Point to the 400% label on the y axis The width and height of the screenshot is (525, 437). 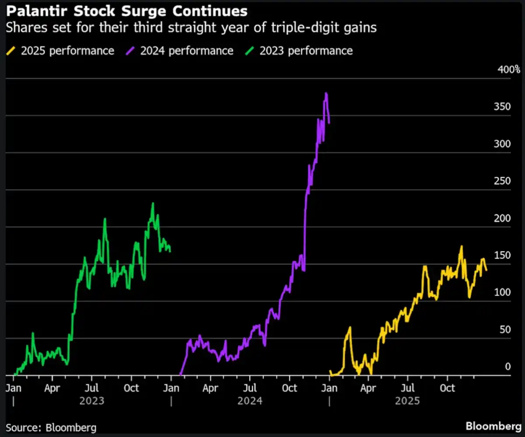[x=509, y=70]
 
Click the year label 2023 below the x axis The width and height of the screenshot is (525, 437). [x=92, y=401]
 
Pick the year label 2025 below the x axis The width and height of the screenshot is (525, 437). [x=407, y=401]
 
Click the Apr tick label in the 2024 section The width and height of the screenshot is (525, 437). [x=210, y=388]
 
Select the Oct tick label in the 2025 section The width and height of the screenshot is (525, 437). [x=447, y=388]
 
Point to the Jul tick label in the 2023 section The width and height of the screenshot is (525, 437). [x=91, y=388]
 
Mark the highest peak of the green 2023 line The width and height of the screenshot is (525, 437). [x=153, y=203]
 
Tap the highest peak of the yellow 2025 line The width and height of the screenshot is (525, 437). [x=461, y=247]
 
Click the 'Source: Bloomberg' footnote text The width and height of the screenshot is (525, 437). [x=51, y=427]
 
